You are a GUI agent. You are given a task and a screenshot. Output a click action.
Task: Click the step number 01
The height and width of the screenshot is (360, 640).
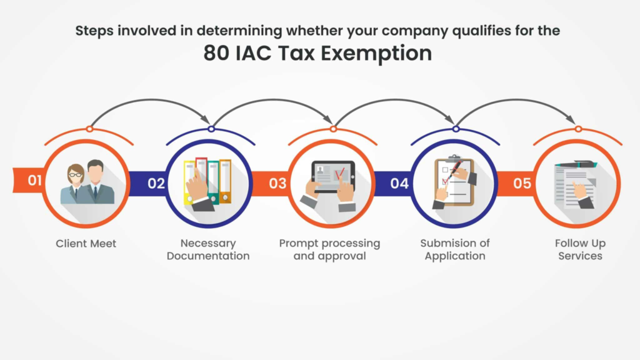pos(35,180)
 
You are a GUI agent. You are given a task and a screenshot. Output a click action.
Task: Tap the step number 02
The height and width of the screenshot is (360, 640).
pos(156,183)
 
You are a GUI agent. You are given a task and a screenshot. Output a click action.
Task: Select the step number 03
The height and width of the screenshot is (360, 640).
pos(277,183)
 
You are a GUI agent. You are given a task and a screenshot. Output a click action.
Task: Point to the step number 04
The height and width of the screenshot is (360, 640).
pos(399,183)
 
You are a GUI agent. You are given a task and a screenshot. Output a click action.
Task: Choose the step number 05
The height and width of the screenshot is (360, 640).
pos(522,183)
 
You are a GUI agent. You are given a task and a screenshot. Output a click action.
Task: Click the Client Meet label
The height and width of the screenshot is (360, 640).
pos(86,244)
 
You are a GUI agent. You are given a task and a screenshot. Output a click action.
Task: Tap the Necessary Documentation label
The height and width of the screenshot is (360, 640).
pos(208,249)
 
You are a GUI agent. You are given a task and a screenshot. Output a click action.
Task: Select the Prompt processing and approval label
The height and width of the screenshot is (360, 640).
pos(329,249)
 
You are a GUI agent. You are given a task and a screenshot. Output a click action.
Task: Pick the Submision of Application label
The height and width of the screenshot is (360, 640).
pos(455,249)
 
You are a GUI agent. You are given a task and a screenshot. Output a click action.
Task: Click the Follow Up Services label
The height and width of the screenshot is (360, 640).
pos(580,249)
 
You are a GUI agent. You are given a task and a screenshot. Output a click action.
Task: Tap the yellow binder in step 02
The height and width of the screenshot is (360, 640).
pos(189,182)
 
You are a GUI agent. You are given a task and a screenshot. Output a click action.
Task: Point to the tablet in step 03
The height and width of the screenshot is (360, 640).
pos(333,177)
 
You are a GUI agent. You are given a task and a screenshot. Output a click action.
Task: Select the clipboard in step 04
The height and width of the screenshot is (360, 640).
pos(454,181)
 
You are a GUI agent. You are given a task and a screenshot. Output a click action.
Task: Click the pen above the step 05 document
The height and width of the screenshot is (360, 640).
pos(576,164)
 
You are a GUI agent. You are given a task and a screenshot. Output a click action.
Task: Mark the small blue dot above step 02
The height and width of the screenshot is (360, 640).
pos(211,129)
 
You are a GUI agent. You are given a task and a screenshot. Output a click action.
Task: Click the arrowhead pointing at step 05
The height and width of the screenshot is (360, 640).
pos(571,119)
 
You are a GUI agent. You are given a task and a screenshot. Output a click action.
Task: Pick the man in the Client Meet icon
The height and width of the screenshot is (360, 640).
pos(97,182)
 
